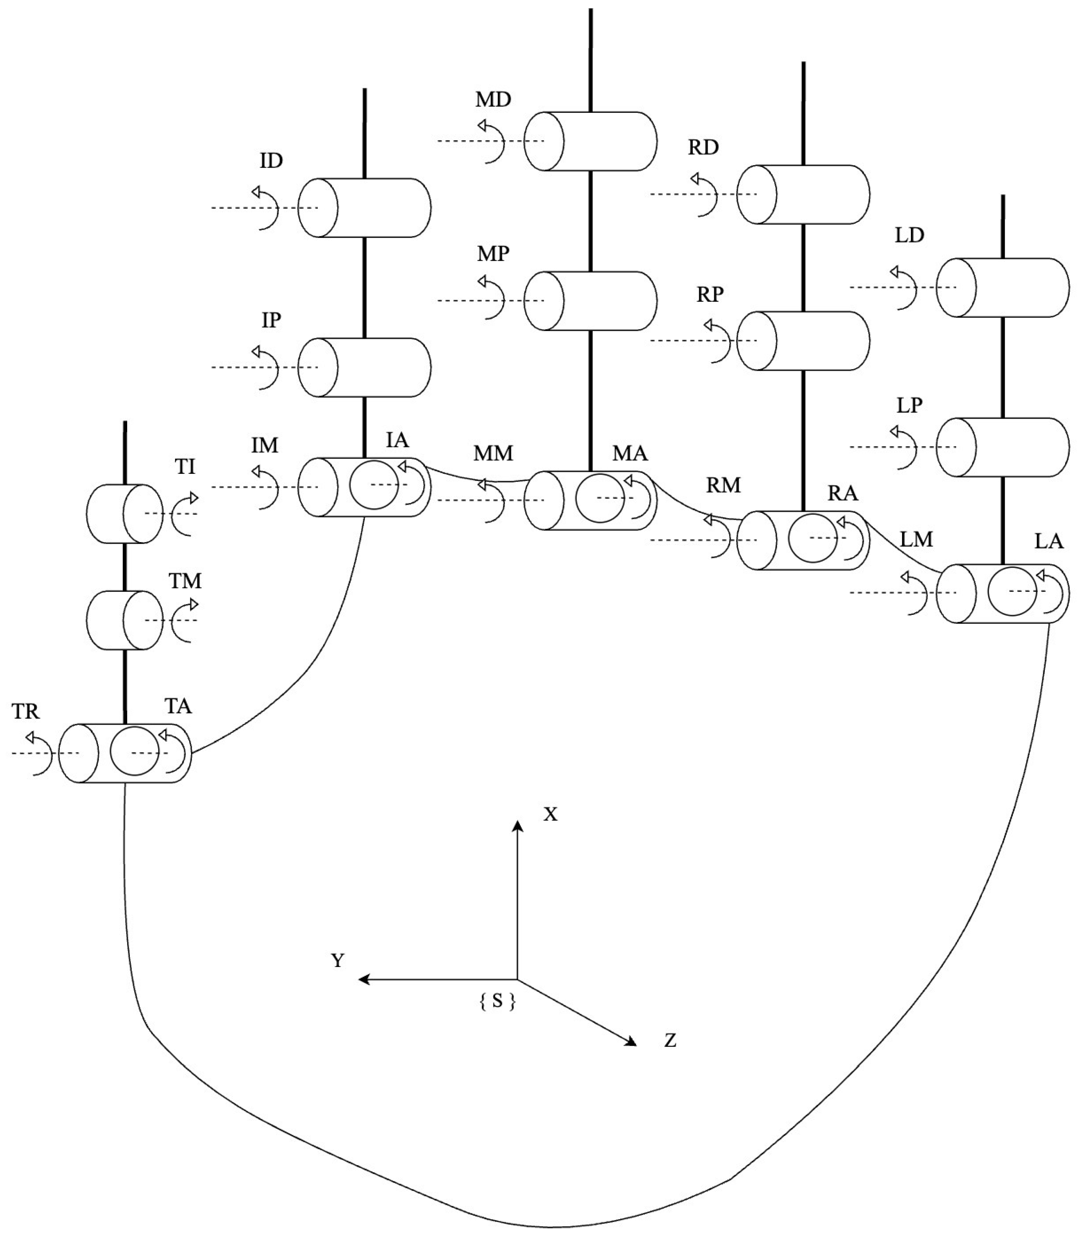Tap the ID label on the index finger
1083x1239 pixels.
[x=271, y=161]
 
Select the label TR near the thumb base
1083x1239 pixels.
[x=25, y=712]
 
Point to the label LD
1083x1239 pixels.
[x=909, y=235]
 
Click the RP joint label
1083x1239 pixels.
[x=710, y=295]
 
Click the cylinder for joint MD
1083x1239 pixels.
[x=590, y=141]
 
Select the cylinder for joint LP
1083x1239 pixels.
[x=1003, y=448]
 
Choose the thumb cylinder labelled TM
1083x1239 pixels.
[x=125, y=620]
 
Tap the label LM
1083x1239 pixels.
[x=916, y=540]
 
